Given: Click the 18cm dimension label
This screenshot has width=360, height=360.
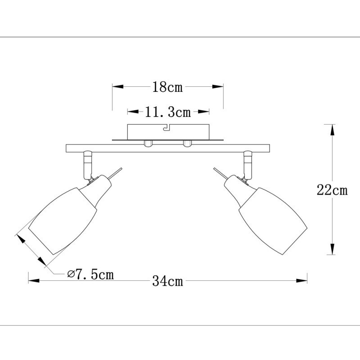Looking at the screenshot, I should (x=167, y=87).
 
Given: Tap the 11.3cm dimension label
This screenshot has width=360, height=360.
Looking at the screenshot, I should (x=168, y=112).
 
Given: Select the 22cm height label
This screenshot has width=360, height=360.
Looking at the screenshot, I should (x=332, y=190).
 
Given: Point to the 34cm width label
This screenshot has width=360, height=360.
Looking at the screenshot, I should (x=167, y=281).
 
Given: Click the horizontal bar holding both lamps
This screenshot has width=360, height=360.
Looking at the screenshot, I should (x=167, y=148).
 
